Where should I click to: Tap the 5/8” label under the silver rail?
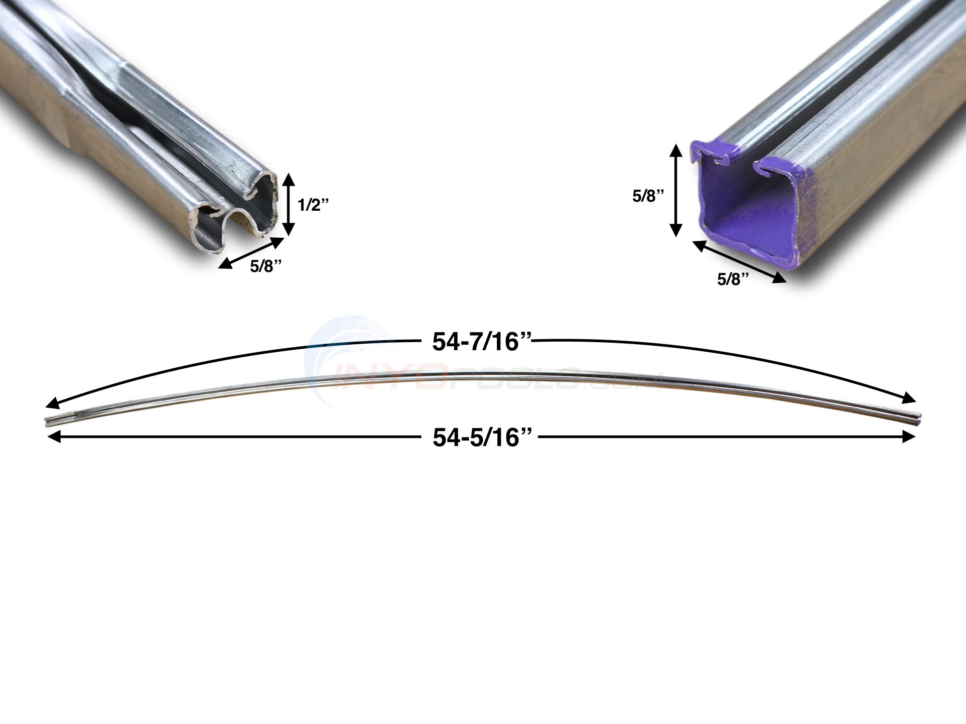pos(269,266)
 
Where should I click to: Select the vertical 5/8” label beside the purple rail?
pos(647,197)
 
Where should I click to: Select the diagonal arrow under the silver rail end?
pos(251,253)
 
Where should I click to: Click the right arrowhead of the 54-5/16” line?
pos(911,438)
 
